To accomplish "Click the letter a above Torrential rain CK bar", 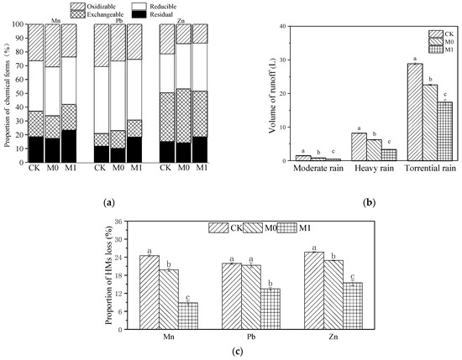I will tap(413, 59).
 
